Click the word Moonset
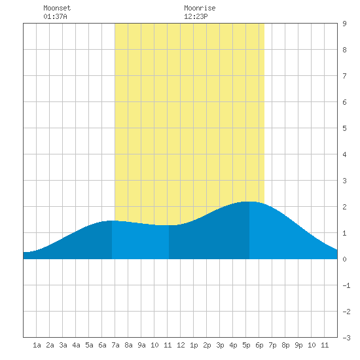(57, 8)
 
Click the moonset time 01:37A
(55, 16)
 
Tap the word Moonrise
(200, 8)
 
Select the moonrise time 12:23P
(196, 16)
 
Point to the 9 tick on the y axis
(344, 24)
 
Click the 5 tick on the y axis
(344, 128)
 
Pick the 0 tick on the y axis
(344, 259)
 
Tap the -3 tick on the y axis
(346, 338)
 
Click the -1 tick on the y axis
(346, 285)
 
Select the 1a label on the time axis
(37, 345)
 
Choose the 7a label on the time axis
(115, 345)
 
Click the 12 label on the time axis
(181, 345)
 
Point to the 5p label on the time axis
(246, 345)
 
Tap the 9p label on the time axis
(298, 345)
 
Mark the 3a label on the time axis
(63, 345)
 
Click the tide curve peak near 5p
(249, 202)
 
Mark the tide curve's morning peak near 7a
(112, 221)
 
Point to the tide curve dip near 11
(166, 225)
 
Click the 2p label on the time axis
(207, 345)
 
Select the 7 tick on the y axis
(344, 76)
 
